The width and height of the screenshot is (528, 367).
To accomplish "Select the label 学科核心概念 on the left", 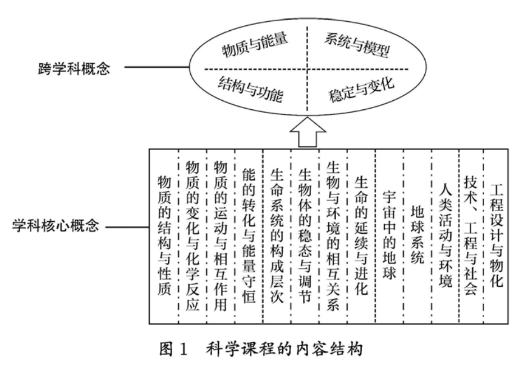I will (x=56, y=229).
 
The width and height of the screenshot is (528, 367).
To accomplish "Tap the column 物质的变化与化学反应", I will (x=192, y=235).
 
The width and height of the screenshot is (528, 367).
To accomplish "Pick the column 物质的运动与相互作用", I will (x=221, y=235).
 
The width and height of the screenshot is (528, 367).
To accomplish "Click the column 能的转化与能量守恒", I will (x=249, y=235).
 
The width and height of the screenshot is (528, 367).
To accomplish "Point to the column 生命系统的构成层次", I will (x=277, y=235).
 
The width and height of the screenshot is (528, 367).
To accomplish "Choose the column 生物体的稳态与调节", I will (x=305, y=235).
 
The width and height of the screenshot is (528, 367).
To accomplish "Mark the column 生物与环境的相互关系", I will (x=333, y=235).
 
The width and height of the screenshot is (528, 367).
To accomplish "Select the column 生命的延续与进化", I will (x=361, y=235).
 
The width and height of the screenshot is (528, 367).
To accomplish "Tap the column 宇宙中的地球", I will (x=389, y=235).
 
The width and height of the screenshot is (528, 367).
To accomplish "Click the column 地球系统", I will (x=417, y=235).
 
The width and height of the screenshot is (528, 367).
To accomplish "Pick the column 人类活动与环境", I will (x=446, y=235).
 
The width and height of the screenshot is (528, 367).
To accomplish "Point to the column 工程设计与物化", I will (x=495, y=235).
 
